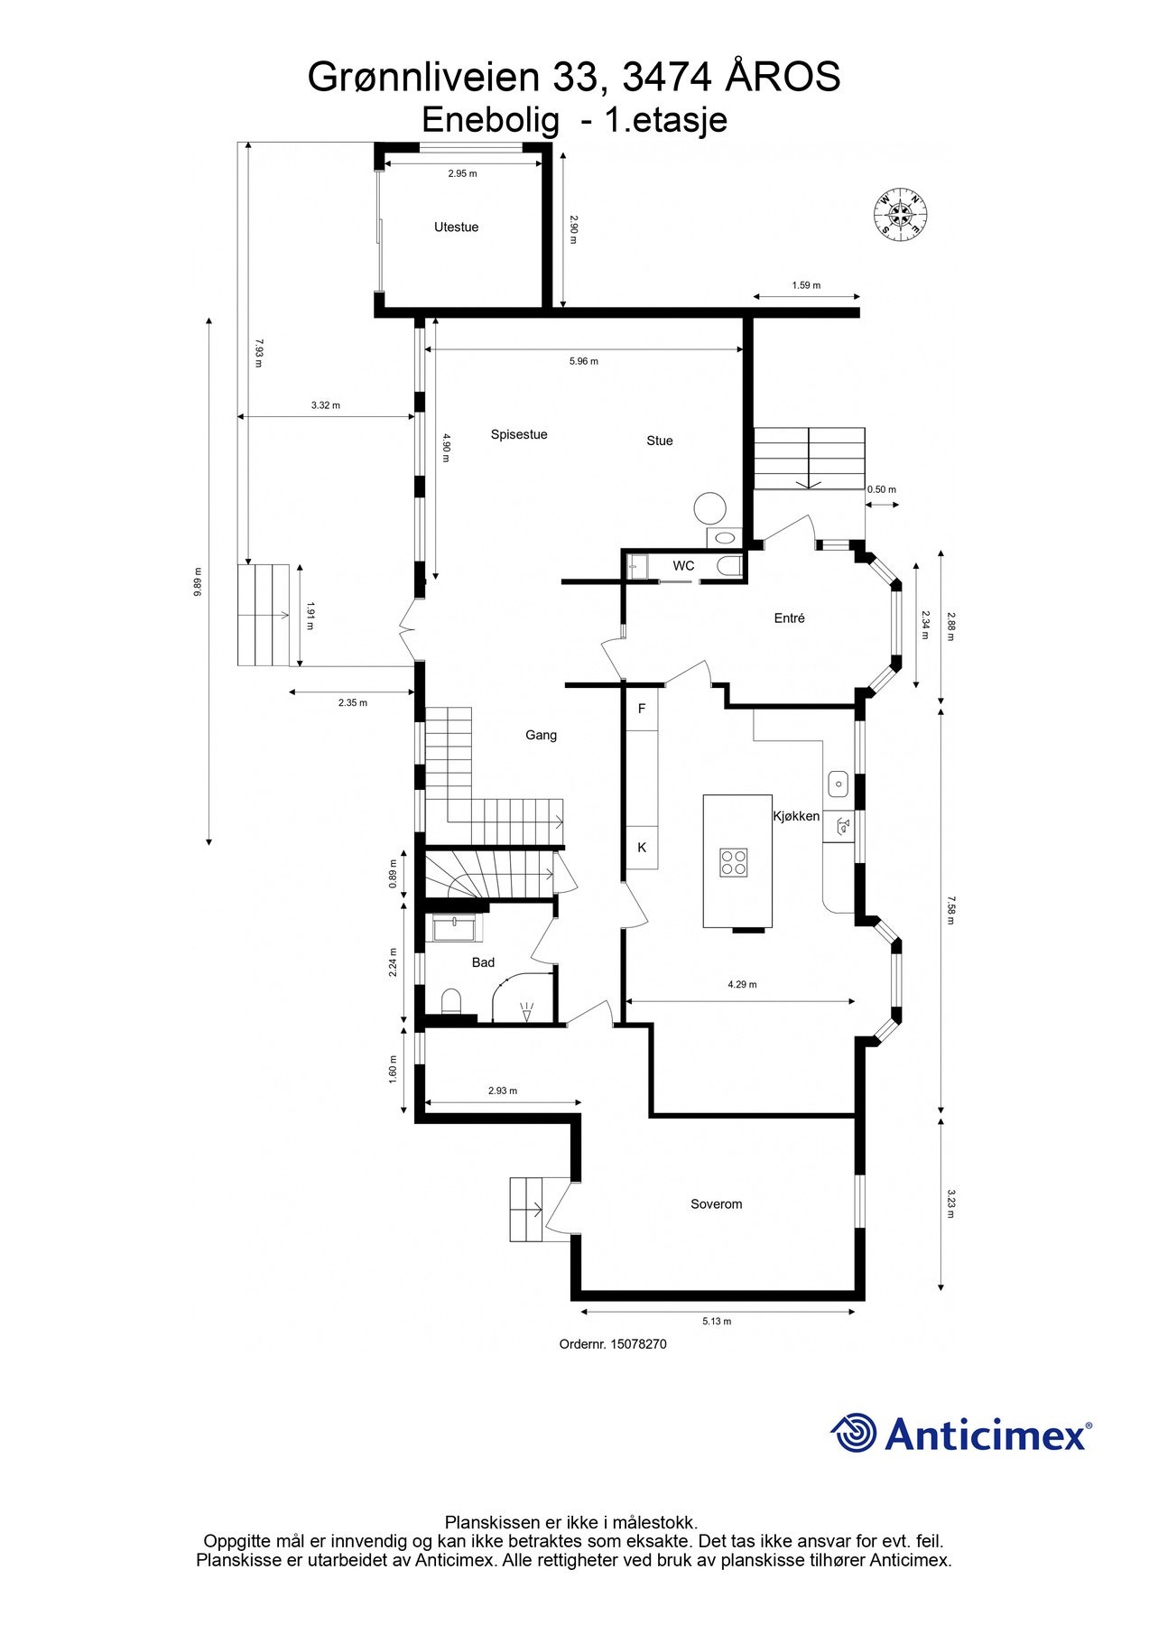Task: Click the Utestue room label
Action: click(456, 227)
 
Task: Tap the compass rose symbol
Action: click(902, 215)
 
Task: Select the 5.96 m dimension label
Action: click(583, 361)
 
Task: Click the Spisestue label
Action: click(519, 434)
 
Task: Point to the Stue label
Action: click(660, 441)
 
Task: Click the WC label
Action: click(683, 566)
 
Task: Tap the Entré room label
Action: click(789, 618)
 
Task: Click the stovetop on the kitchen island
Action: click(734, 862)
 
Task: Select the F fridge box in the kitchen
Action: click(643, 709)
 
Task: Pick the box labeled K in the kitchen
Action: click(643, 848)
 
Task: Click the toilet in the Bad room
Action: click(451, 1001)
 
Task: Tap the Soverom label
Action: click(716, 1204)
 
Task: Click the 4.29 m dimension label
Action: click(742, 985)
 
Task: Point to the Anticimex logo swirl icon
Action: click(854, 1433)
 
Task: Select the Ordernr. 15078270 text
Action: click(613, 1344)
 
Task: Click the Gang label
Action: click(541, 735)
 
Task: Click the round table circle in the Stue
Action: click(710, 507)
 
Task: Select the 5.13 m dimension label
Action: click(717, 1322)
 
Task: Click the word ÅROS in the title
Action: click(783, 78)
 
